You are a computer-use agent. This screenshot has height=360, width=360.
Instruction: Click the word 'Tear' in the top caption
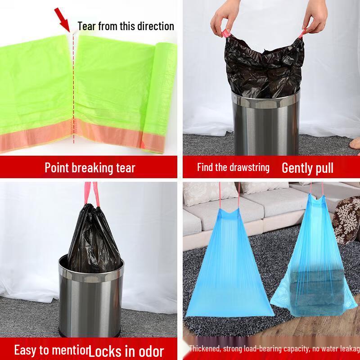pyautogui.click(x=86, y=26)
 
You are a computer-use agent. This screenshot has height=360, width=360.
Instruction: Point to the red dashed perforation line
pyautogui.click(x=73, y=99)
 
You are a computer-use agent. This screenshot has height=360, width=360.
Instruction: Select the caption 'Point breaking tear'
pyautogui.click(x=90, y=168)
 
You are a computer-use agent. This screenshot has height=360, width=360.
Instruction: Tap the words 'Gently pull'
pyautogui.click(x=307, y=168)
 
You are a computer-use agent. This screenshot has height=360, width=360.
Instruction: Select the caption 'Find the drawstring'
pyautogui.click(x=233, y=168)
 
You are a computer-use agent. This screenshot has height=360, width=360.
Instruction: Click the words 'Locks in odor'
pyautogui.click(x=126, y=351)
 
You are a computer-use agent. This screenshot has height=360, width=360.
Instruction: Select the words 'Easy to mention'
pyautogui.click(x=50, y=350)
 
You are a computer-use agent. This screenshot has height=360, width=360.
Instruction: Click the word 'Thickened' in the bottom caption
pyautogui.click(x=205, y=348)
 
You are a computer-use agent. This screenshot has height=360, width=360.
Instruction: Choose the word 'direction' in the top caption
pyautogui.click(x=153, y=26)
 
